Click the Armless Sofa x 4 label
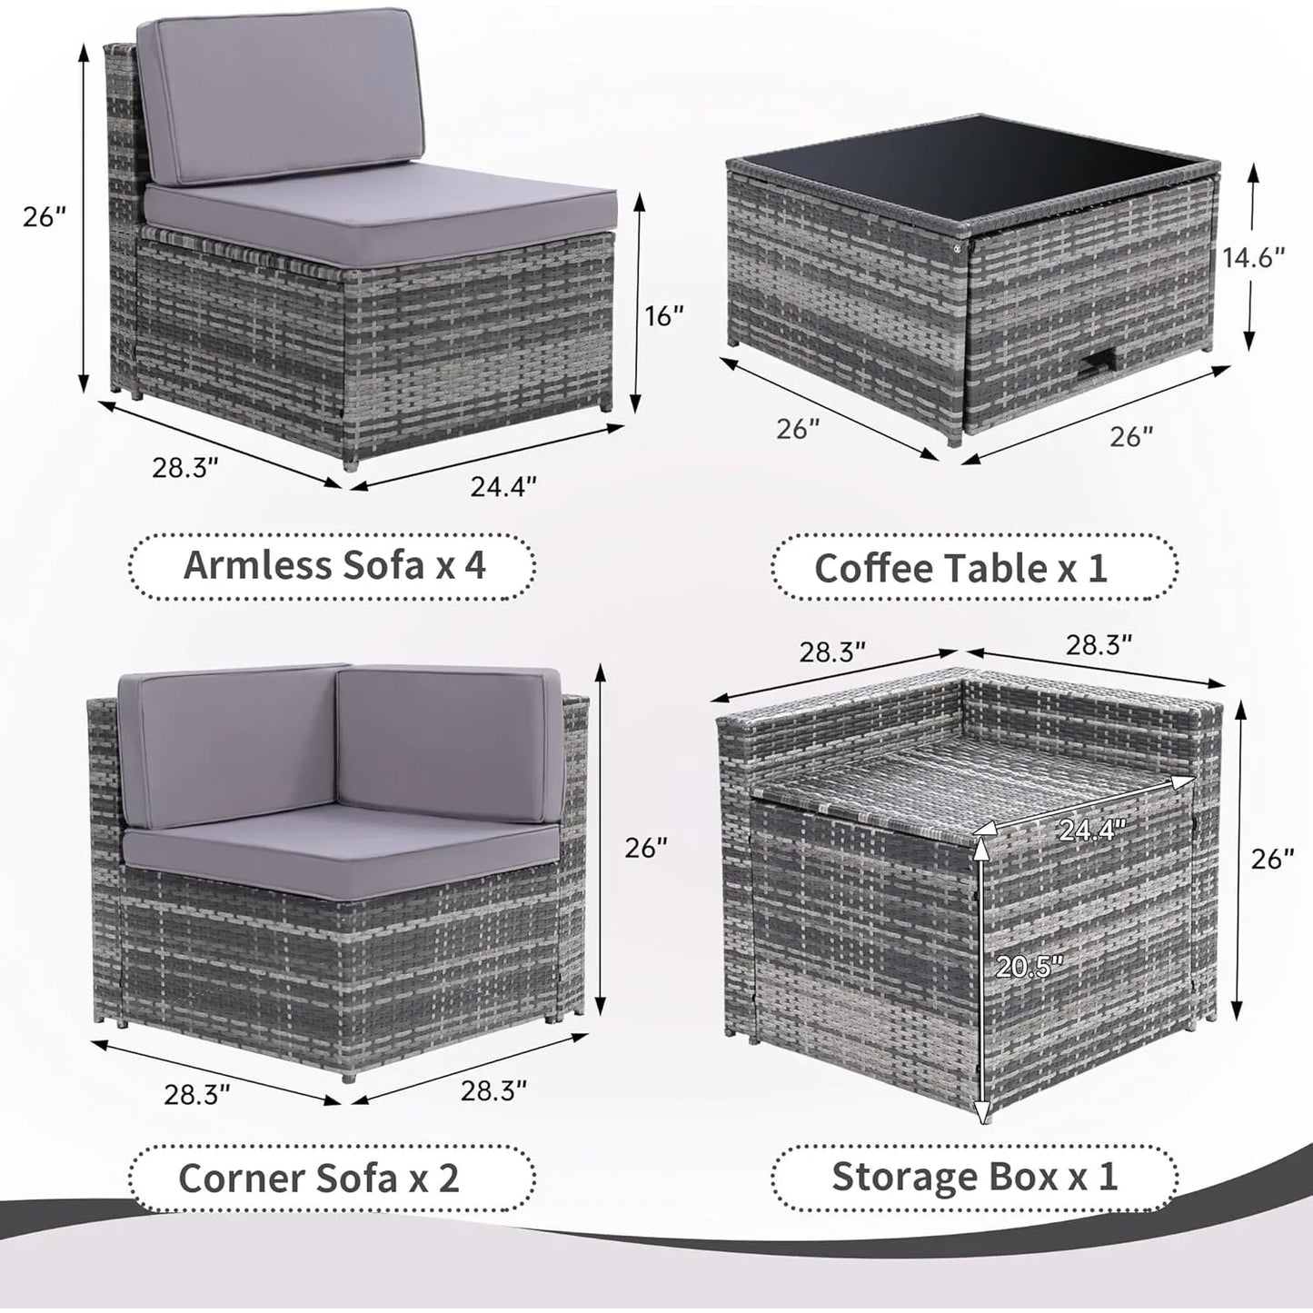(x=334, y=565)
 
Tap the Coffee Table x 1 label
(x=960, y=568)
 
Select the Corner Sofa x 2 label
(x=319, y=1178)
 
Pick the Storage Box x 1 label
(x=974, y=1176)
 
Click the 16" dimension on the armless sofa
(x=665, y=316)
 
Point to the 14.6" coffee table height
(x=1254, y=258)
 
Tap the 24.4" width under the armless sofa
(x=502, y=487)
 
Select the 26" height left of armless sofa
(x=45, y=216)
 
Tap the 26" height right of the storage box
(x=1272, y=859)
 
